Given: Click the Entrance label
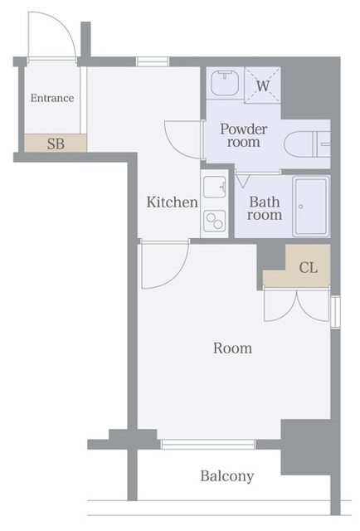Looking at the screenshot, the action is (x=52, y=98).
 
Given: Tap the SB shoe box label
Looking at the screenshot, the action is (x=56, y=144).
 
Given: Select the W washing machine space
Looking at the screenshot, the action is (x=262, y=85).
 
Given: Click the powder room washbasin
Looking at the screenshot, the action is (x=226, y=83).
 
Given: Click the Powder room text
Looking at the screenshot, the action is (x=244, y=135).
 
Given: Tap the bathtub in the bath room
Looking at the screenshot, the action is (x=311, y=207).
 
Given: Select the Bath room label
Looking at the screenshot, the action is (x=265, y=208).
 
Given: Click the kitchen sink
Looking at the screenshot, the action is (x=215, y=186).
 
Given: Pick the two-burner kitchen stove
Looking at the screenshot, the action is (x=215, y=220).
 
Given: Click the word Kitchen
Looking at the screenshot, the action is (x=172, y=202).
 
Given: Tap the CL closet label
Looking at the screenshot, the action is (x=309, y=268).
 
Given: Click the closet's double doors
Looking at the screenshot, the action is (x=297, y=304).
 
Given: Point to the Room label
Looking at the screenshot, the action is (x=232, y=348).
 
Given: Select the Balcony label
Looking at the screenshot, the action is (x=227, y=476).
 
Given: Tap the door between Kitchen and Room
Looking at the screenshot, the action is (x=164, y=264).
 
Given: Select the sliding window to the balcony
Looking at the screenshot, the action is (x=207, y=445).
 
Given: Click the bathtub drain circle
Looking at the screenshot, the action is (x=301, y=207).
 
